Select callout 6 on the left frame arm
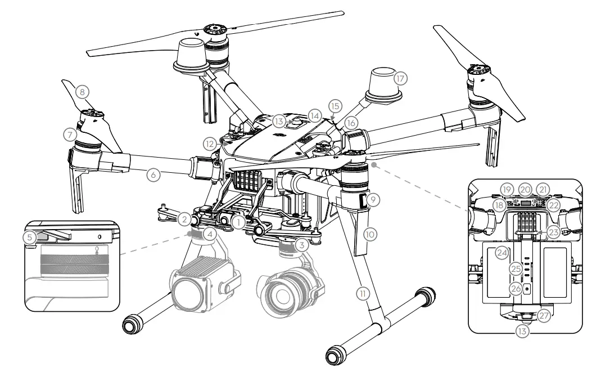coord(153,175)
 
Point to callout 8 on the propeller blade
coord(83,91)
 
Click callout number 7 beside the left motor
coord(70,136)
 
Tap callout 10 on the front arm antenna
coord(369,232)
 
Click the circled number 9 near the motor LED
coord(373,199)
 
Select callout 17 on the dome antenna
coord(400,78)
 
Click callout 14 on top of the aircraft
coord(314,115)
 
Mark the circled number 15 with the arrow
coord(335,106)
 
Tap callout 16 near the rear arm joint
coord(350,122)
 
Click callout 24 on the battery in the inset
coord(501,255)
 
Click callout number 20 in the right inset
coord(525,190)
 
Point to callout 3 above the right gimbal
coord(302,245)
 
